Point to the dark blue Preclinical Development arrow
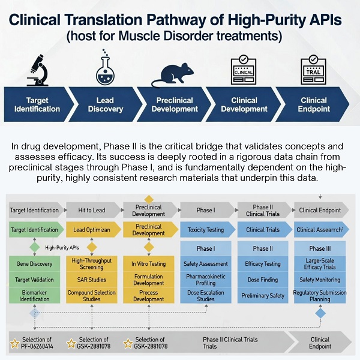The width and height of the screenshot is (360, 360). tap(174, 104)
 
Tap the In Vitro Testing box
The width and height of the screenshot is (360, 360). tap(149, 263)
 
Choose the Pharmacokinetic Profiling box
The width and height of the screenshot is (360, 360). tap(205, 280)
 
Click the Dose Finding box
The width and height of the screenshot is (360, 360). tap(263, 280)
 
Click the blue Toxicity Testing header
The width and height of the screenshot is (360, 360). tap(205, 230)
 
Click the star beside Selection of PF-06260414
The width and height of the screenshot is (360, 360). tap(14, 343)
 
